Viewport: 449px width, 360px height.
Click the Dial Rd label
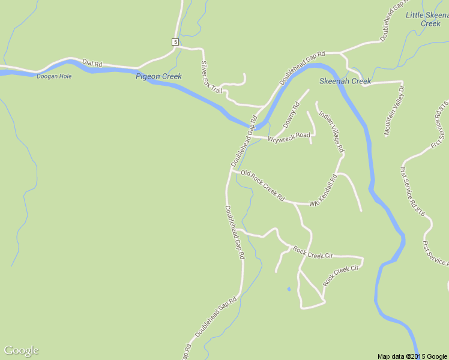pos(92,63)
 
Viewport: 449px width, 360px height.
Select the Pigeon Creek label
pos(158,76)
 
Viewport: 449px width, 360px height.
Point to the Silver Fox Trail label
pos(211,77)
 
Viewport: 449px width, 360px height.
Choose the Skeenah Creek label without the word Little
pos(345,81)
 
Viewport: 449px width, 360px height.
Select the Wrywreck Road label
pos(289,137)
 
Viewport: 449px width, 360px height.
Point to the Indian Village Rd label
pos(331,131)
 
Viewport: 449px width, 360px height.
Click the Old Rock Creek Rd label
pos(262,185)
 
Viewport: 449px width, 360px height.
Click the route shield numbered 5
pos(175,41)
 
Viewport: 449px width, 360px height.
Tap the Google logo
pos(21,350)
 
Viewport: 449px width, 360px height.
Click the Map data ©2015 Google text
pos(412,356)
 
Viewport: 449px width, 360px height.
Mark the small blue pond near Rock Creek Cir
pos(289,289)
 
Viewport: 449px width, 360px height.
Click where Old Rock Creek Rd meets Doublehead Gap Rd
pos(231,171)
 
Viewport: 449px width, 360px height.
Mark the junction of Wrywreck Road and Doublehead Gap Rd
pos(248,136)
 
